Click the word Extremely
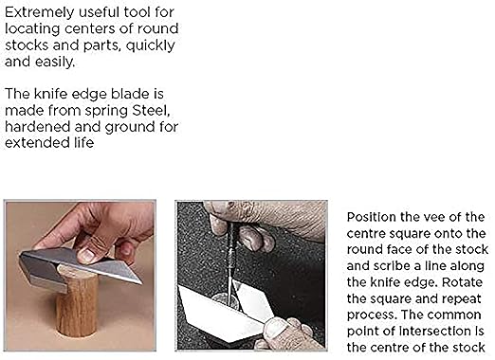39,13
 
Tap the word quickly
150,45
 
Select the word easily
55,62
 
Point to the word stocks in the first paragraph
27,45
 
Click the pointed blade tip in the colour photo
140,282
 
